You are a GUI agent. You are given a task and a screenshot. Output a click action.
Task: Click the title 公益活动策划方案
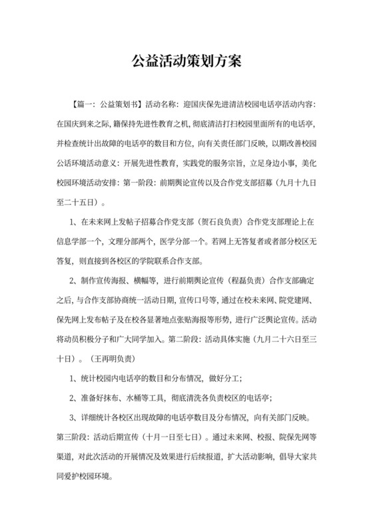[x=186, y=62]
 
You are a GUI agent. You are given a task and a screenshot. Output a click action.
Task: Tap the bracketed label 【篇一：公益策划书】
[x=105, y=105]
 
